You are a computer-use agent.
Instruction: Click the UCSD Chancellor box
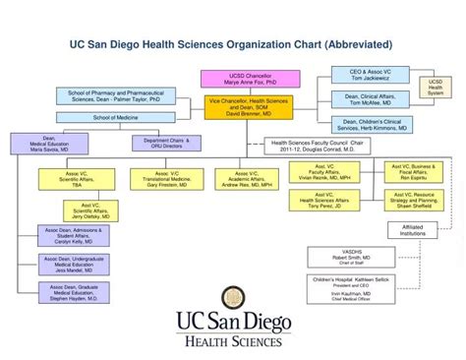236,80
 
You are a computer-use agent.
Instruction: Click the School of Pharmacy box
115,96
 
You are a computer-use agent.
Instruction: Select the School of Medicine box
115,118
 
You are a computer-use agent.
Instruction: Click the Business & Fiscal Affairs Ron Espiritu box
413,173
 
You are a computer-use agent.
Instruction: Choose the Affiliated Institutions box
412,230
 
